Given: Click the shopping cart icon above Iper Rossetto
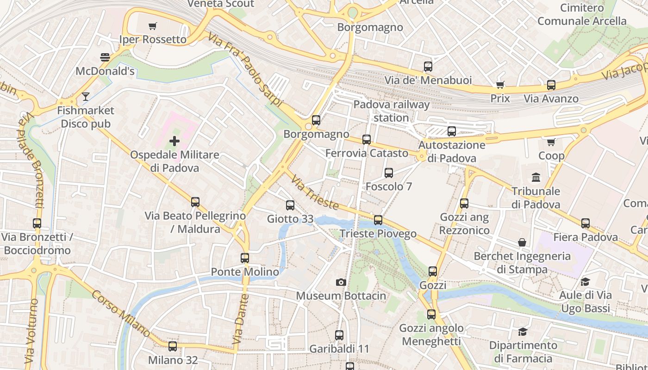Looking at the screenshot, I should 152,26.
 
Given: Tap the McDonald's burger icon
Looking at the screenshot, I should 105,57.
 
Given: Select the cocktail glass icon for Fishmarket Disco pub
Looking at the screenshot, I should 86,97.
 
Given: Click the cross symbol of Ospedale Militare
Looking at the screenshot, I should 174,141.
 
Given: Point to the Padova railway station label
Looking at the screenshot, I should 391,111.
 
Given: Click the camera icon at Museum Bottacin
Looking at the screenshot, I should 341,282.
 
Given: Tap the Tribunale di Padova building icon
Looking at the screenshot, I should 536,177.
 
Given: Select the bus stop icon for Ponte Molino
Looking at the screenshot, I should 245,258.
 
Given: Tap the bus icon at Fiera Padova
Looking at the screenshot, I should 586,223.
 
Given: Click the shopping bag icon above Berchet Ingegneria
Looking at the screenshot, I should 522,242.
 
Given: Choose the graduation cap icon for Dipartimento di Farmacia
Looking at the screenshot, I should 523,332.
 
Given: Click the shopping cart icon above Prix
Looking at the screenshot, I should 500,85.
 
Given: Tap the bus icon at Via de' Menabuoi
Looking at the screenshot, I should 428,67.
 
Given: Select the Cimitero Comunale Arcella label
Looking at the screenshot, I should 582,14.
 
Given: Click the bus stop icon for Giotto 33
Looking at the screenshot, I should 290,205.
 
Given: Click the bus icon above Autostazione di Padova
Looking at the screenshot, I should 452,131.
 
